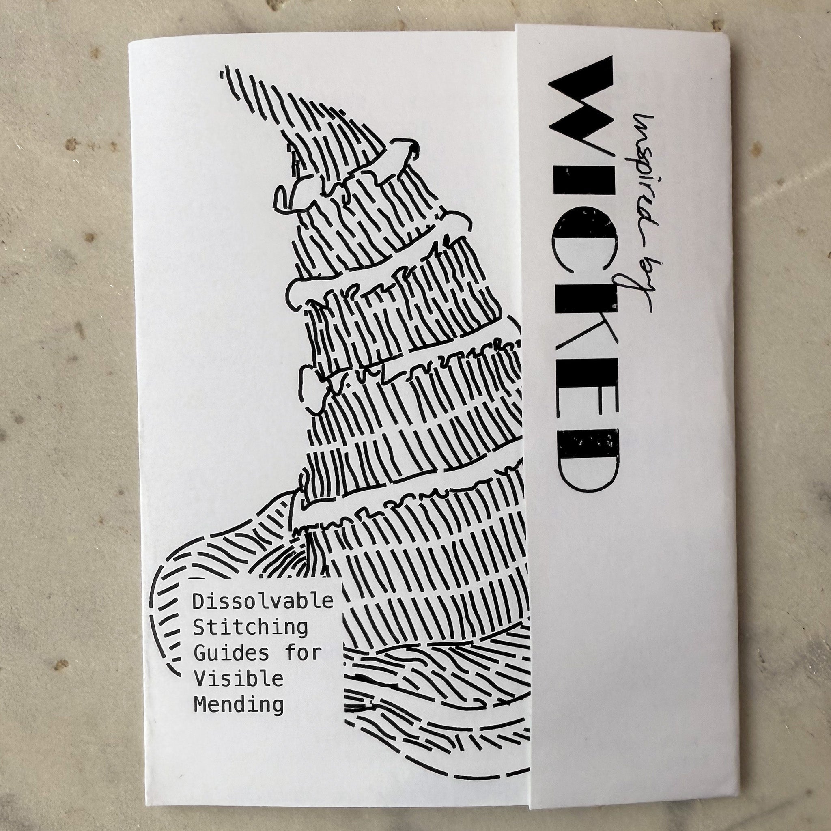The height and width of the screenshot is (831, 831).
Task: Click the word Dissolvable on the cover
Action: (x=263, y=601)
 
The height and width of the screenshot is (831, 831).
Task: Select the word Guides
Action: (x=231, y=653)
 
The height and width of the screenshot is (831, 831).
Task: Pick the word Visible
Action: (x=238, y=679)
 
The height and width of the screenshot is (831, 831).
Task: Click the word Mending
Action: (x=238, y=705)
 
